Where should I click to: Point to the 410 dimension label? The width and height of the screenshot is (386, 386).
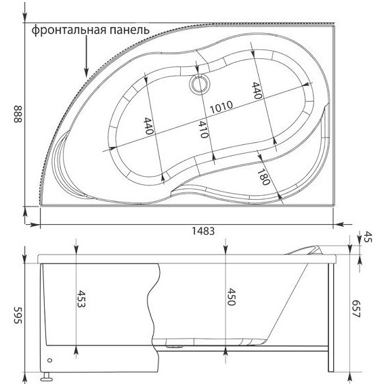[x=201, y=129]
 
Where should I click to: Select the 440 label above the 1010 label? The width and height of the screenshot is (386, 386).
[x=257, y=91]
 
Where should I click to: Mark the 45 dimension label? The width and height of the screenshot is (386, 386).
[x=369, y=237]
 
